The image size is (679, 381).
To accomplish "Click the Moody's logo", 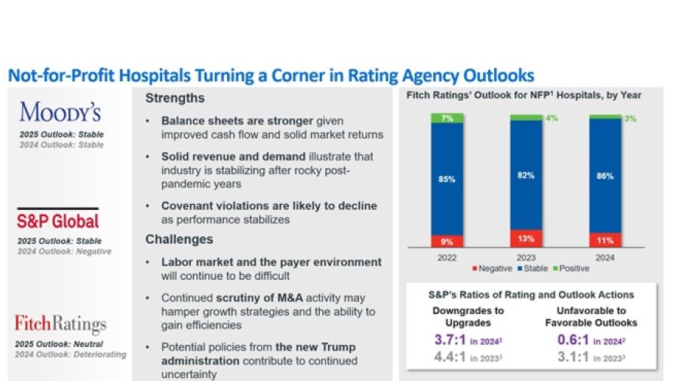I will pos(60,112).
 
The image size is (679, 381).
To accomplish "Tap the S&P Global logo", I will pos(58,221).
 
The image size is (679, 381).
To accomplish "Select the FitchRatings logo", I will pos(60,325).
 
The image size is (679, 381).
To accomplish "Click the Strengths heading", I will pos(174,99).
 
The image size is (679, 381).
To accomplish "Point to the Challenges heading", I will pos(179,239).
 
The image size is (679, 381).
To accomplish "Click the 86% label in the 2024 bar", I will pos(604,175).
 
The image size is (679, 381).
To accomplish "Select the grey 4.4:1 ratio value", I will pos(450,358).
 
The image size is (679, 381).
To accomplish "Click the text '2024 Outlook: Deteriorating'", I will pos(72,355).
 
